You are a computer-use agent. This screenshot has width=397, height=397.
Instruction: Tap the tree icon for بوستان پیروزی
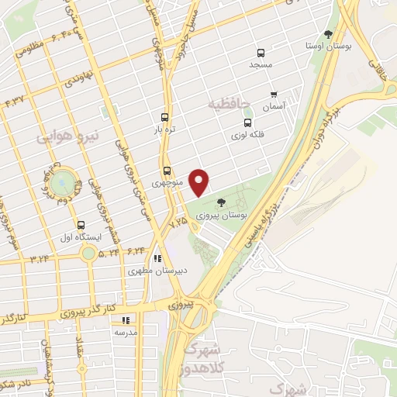(x=222, y=202)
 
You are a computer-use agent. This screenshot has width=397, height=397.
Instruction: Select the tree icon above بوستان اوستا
(x=329, y=34)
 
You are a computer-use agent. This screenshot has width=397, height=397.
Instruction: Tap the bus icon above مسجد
(x=261, y=54)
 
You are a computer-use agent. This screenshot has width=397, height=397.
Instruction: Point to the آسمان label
(x=274, y=105)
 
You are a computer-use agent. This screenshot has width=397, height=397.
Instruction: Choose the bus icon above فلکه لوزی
(x=248, y=122)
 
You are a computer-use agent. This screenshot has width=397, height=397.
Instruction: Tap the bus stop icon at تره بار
(x=164, y=116)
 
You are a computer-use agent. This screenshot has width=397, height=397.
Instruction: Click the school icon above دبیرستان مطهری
(x=157, y=259)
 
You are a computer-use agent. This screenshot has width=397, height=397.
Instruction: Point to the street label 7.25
(x=180, y=221)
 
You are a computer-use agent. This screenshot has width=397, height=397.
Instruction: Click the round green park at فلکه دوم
(x=65, y=184)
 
